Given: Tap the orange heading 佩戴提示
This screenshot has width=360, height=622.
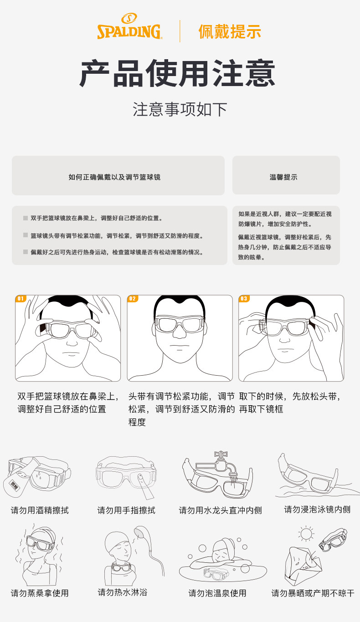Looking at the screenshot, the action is pos(230,31).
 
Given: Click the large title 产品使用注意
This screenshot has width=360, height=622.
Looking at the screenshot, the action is pos(177,73).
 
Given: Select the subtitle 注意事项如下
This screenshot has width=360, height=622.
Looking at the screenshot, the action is pos(180,109).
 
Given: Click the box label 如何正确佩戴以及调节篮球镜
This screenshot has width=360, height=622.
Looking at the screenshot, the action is pos(114,177).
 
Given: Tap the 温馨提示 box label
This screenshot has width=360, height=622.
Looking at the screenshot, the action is pos(283,177).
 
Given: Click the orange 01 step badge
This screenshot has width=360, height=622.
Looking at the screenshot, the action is pos(21,299).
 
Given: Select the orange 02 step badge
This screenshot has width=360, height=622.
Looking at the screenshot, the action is pos(132,299).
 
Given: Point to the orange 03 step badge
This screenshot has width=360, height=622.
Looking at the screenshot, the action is pos(244,299).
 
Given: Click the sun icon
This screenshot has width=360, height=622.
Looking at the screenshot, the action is pos(306,533).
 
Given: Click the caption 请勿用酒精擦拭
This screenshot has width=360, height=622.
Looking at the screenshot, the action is pos(40,510).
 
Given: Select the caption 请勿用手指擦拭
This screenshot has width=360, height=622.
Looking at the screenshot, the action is pos(126,510).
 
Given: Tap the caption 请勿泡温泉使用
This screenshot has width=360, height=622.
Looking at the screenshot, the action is pos(217,593).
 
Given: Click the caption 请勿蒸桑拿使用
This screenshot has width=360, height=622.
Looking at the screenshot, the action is pos(40,593).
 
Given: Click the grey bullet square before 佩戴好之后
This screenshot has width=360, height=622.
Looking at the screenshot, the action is pos(26,252).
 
